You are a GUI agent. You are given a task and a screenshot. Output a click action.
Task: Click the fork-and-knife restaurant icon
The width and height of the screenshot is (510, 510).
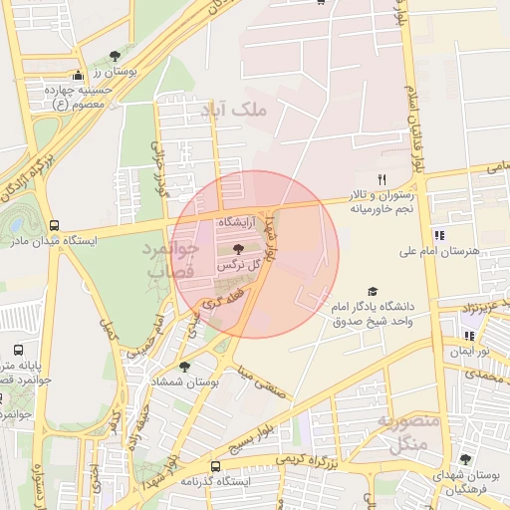tap(381, 178)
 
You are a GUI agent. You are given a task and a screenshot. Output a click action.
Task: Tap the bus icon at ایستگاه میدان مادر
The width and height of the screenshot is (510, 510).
tap(54, 225)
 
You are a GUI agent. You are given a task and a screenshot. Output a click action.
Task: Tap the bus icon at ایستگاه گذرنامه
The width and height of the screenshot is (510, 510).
tap(215, 466)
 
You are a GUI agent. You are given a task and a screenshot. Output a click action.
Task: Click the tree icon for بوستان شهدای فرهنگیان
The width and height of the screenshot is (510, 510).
tap(466, 459)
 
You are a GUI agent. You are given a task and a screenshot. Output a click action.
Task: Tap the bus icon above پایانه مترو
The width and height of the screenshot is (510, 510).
tap(19, 351)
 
